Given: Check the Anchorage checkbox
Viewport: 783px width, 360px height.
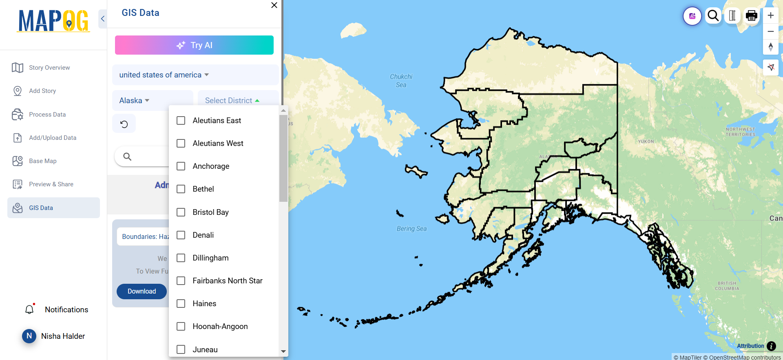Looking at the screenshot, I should coord(181,166).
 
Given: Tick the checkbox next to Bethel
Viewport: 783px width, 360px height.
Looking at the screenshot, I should coord(181,189).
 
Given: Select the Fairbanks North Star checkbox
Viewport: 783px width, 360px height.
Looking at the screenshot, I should coord(181,281).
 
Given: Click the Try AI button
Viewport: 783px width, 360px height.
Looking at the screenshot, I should coord(194,45).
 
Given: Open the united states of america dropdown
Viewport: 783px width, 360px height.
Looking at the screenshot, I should coord(164,75).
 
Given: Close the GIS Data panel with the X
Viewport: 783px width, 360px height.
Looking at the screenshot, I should coord(274,5).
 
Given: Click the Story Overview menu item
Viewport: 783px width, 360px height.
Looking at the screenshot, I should coord(49,68).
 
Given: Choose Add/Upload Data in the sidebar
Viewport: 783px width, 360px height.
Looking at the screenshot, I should coord(53,138).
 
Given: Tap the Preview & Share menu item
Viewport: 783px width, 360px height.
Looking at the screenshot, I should coord(51,184).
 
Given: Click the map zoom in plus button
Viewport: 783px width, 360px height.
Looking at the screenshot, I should coord(770,15).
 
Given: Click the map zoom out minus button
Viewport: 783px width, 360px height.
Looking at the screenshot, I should coord(770,31).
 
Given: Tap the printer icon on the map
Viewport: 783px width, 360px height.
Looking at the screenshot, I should coord(751,16).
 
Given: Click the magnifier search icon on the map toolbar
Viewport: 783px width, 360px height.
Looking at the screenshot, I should coord(713,16).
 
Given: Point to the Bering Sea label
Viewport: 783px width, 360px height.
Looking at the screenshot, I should coord(411,229).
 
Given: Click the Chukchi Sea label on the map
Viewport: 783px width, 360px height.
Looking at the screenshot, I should coord(401,81).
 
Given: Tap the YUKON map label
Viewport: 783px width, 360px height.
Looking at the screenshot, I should coord(646,141).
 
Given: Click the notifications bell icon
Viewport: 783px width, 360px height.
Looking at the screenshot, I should coord(29,310).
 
